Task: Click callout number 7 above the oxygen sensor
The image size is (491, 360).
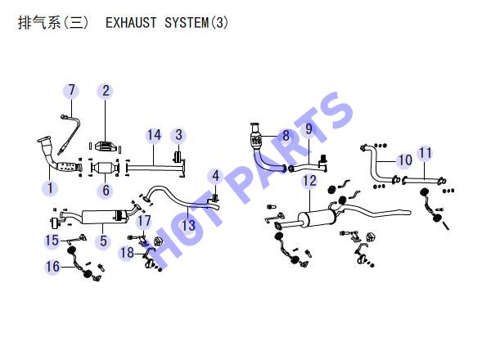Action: (x=72, y=90)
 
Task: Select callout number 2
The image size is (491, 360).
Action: (x=106, y=91)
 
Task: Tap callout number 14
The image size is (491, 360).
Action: (x=154, y=135)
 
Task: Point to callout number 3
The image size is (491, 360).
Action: (x=178, y=135)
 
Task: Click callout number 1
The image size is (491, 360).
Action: (x=50, y=188)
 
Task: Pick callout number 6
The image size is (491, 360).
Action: (x=106, y=190)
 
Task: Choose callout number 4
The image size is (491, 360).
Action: (x=216, y=176)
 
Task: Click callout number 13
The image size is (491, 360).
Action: (x=188, y=225)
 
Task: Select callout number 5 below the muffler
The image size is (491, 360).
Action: (x=104, y=241)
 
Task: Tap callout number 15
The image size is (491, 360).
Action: (x=52, y=241)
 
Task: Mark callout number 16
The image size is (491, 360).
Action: (x=52, y=267)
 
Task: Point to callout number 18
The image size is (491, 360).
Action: (x=127, y=253)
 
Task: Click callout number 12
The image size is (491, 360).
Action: (x=309, y=181)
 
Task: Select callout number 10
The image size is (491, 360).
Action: (x=405, y=160)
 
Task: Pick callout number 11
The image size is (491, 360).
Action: (x=426, y=153)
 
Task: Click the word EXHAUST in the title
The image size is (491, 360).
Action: (x=131, y=23)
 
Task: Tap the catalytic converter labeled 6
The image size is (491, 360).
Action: (x=105, y=168)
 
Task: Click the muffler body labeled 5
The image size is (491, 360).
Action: (x=104, y=217)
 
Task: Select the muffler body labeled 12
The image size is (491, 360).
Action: (x=317, y=218)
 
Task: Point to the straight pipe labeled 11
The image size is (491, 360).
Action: (x=424, y=181)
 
